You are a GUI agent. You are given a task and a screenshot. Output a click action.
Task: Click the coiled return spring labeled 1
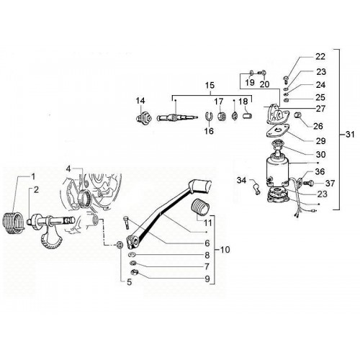(13, 222)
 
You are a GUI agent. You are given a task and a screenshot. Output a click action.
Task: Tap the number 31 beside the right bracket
(350, 135)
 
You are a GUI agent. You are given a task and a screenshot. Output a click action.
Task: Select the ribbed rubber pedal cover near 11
(201, 207)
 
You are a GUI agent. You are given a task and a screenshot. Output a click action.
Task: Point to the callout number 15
(210, 86)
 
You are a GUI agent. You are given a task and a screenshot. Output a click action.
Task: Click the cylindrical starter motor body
(277, 171)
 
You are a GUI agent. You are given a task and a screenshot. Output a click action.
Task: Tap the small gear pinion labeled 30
(278, 145)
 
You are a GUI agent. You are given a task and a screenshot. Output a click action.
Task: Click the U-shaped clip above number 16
(209, 116)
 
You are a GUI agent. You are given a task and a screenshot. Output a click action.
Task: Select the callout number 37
(330, 184)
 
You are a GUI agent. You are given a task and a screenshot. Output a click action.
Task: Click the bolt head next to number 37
(309, 184)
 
